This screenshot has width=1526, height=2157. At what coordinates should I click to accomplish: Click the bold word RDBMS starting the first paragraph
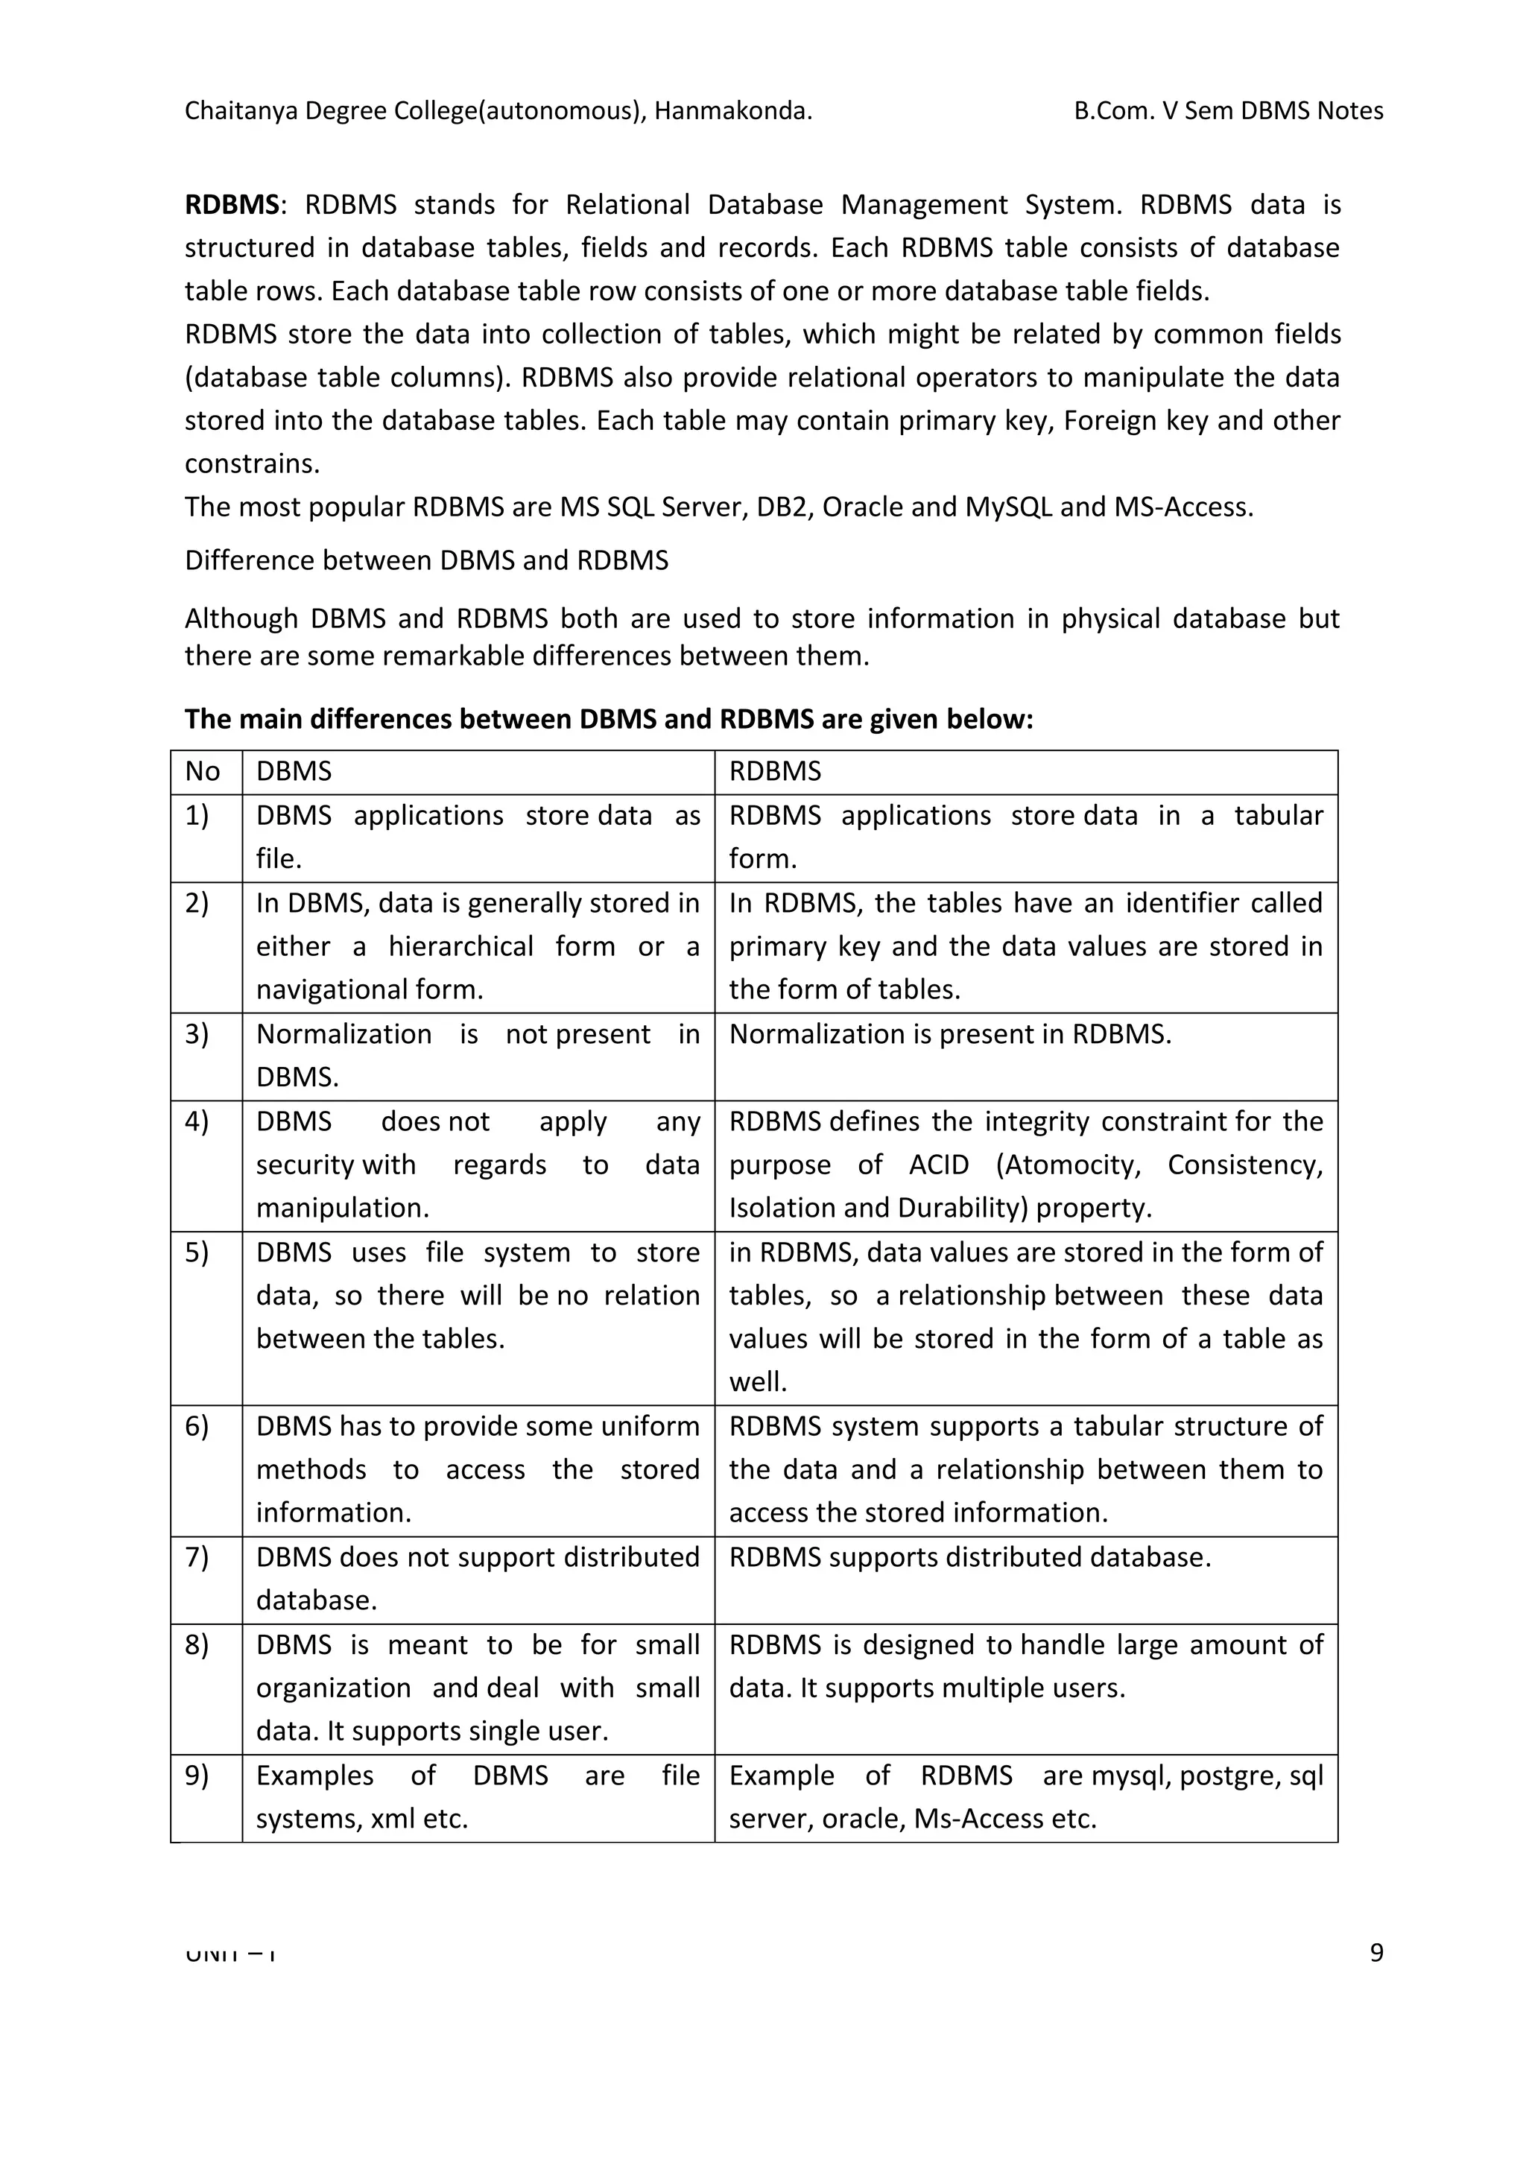point(231,205)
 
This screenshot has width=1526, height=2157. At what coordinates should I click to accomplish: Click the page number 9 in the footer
point(1375,1953)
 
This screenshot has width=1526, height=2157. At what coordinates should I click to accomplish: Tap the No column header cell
point(202,771)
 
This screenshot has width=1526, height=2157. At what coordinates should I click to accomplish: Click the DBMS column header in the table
point(294,771)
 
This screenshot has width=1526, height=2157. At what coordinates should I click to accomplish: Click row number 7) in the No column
point(197,1556)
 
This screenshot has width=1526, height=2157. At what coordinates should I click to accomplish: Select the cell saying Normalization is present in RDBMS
point(950,1034)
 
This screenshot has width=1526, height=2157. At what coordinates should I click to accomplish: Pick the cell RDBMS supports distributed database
point(969,1556)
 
